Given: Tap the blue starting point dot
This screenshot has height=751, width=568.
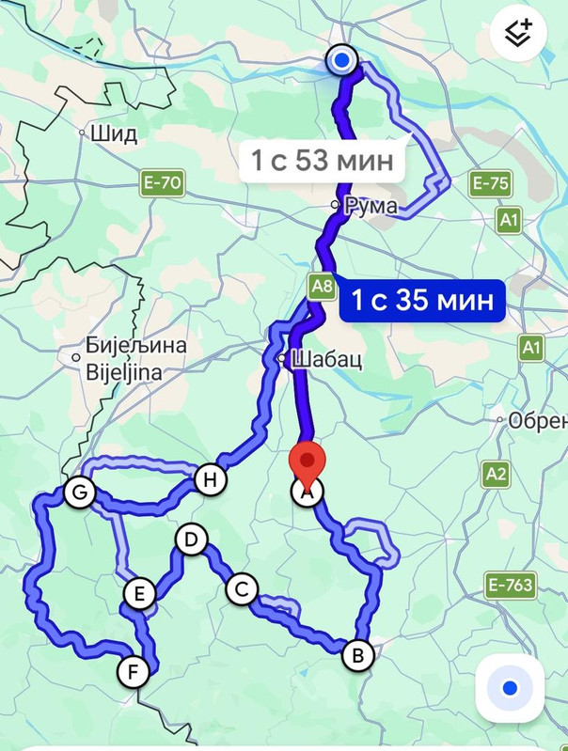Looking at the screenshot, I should [342, 61].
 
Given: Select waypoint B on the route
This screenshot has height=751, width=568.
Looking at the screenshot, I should [356, 655].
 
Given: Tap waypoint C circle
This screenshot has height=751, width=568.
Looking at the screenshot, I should [242, 589].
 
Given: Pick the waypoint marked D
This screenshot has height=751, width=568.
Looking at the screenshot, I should [191, 540].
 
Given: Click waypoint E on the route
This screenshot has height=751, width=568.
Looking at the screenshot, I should [139, 594].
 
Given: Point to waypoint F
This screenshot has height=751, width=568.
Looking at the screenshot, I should [134, 671].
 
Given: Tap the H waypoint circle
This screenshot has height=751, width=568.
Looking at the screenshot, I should [211, 480].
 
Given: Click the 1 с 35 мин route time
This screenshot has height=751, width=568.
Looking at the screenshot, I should [422, 302].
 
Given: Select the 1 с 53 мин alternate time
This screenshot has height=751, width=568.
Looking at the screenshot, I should [322, 161].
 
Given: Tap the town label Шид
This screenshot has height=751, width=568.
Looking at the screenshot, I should [114, 133].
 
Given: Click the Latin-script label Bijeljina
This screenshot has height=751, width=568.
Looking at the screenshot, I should [123, 372].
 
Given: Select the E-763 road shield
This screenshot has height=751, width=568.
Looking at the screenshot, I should [511, 587].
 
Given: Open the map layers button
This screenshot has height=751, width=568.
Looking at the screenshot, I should [519, 36].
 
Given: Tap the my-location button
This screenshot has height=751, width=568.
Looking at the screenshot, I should [511, 689].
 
